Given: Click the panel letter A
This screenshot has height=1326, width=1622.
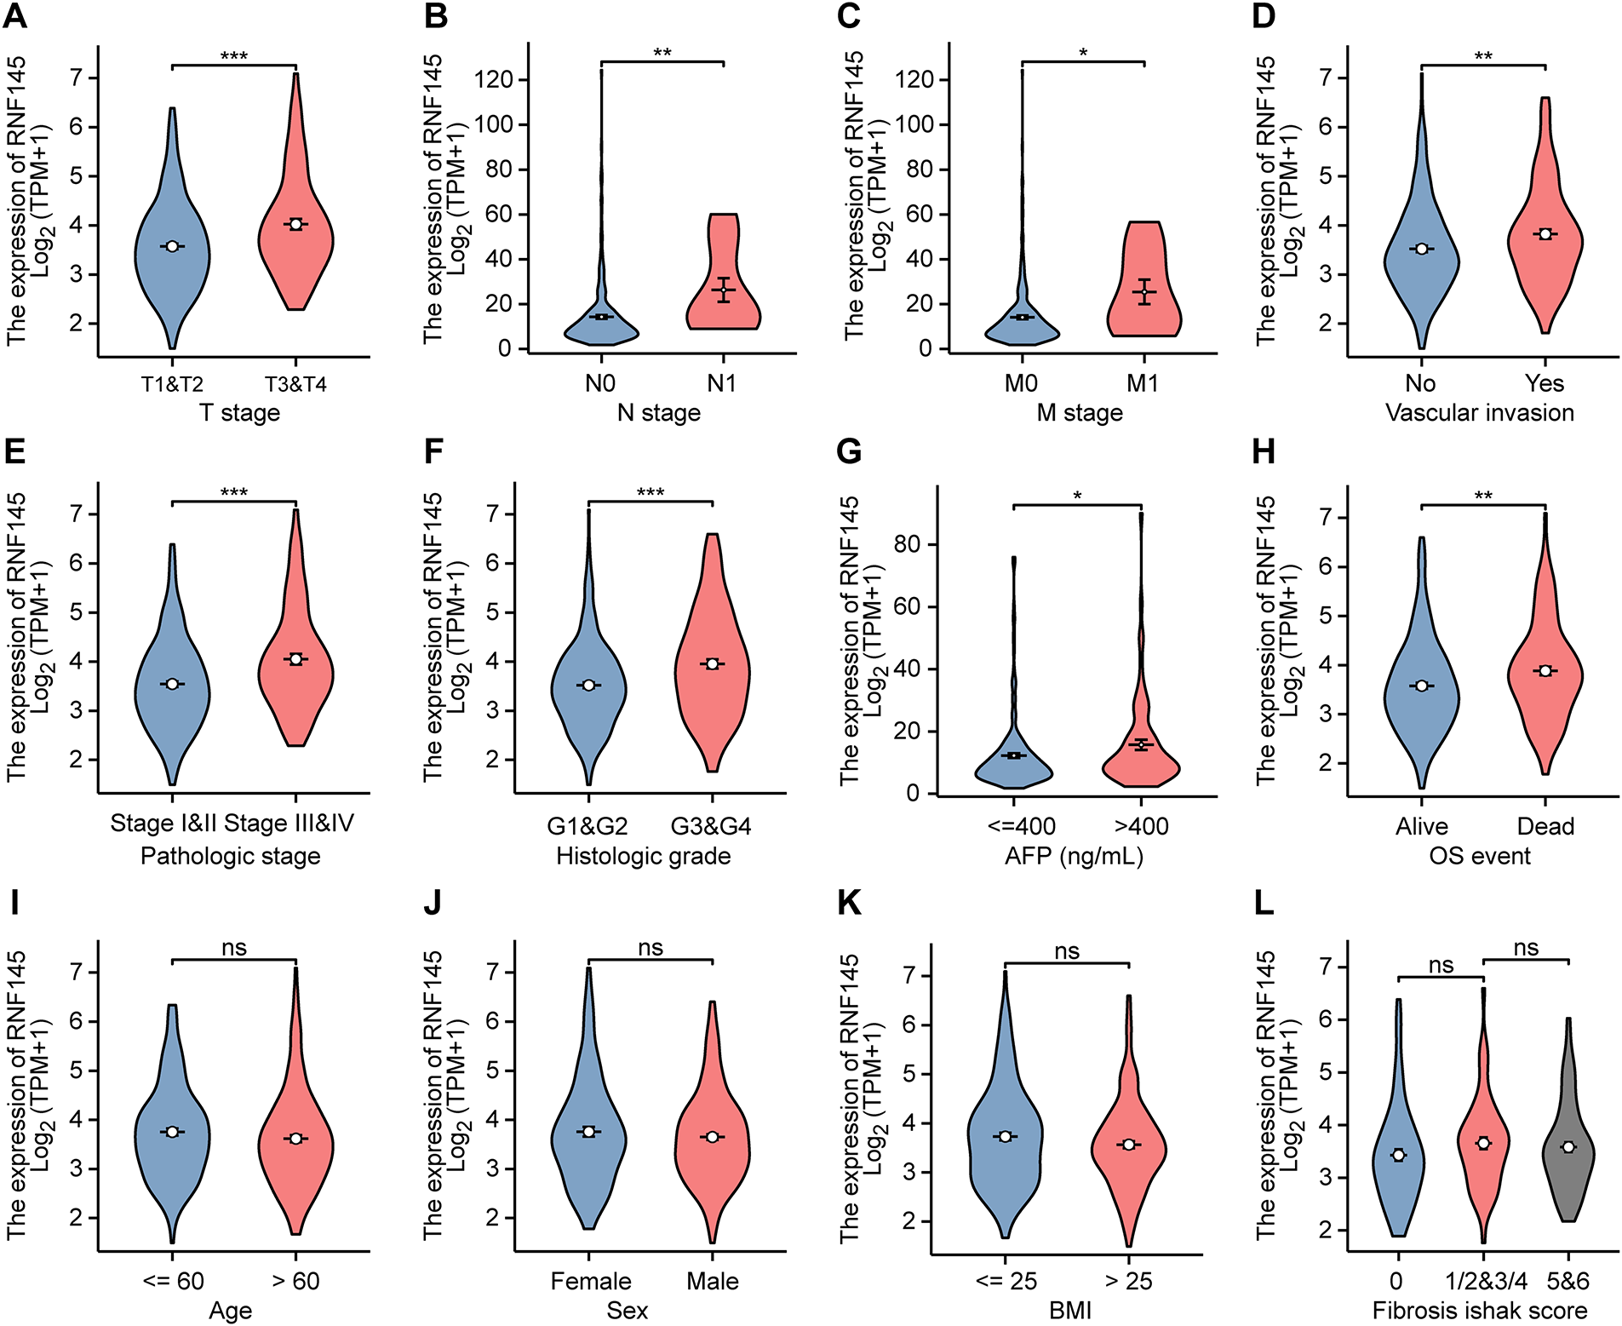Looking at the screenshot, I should (x=15, y=16).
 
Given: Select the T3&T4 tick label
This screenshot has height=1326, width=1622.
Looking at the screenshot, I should (x=295, y=384).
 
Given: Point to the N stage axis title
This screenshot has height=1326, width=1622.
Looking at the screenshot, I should (x=658, y=413).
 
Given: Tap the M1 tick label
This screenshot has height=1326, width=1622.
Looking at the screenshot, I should (x=1143, y=383).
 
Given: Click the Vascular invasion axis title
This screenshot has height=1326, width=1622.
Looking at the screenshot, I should (x=1479, y=413).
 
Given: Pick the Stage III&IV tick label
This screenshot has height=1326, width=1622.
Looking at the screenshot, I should (x=289, y=824).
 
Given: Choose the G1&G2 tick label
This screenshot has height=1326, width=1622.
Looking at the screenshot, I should (x=587, y=826).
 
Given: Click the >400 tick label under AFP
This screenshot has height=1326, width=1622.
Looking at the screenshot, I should (x=1141, y=826).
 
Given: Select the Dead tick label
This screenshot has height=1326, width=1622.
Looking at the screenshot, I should (x=1545, y=826).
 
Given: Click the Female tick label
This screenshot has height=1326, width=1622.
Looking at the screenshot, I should (x=591, y=1281).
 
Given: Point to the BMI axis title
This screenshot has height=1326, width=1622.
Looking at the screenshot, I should (x=1069, y=1310).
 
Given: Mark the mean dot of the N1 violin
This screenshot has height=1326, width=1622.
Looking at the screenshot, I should (x=723, y=290).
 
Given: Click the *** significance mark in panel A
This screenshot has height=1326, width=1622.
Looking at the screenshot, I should (x=234, y=57).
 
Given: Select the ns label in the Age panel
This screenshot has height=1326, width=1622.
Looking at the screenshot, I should (x=234, y=948).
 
